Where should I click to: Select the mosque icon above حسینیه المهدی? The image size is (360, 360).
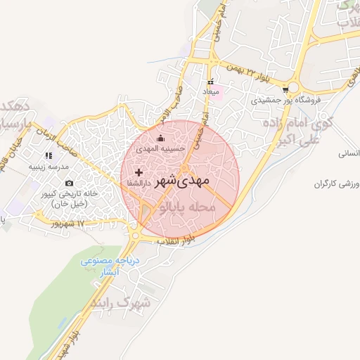(160, 138)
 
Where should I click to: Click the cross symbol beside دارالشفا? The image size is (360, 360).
(139, 172)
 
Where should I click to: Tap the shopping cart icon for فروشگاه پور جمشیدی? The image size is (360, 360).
(285, 90)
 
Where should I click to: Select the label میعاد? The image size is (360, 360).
(212, 92)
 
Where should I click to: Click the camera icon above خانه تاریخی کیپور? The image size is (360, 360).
(69, 183)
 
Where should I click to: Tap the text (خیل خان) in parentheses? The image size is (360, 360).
(69, 202)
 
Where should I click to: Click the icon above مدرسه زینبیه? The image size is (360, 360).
(48, 155)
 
